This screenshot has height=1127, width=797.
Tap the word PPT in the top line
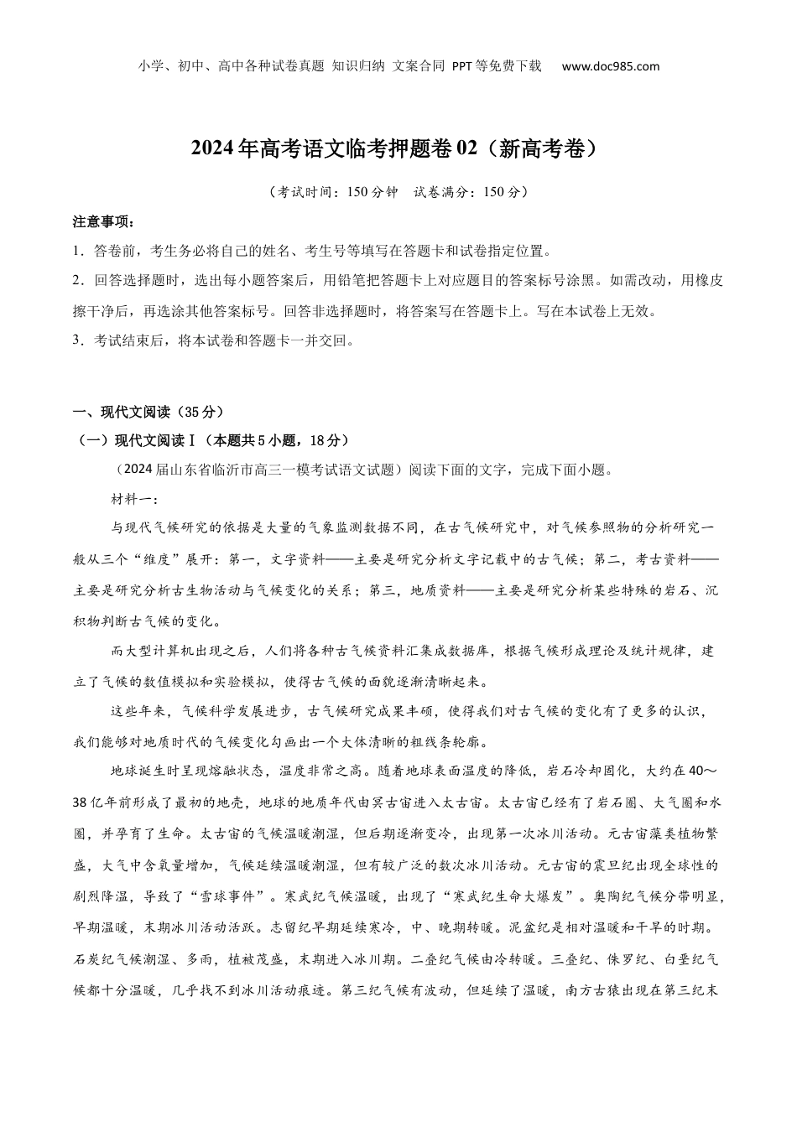463,66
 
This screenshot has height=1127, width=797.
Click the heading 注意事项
103,222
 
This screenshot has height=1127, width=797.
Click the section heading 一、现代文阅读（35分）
148,412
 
